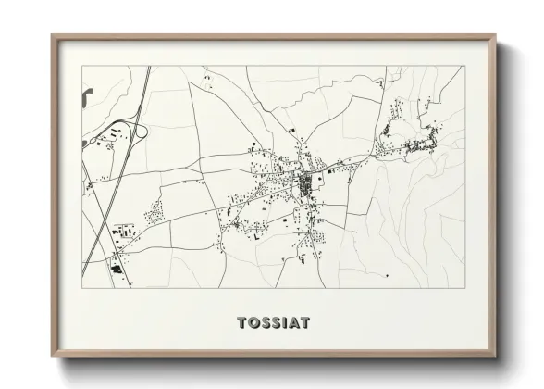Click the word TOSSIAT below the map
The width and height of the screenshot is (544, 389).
(273, 323)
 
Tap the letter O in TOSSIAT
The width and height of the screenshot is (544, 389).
(254, 323)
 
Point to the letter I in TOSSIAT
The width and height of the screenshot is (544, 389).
(283, 323)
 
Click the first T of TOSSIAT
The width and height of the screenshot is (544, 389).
(242, 323)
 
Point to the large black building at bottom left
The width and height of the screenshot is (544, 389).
(116, 268)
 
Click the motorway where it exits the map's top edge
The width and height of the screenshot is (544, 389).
(148, 68)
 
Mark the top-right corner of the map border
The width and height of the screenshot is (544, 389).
(464, 67)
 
